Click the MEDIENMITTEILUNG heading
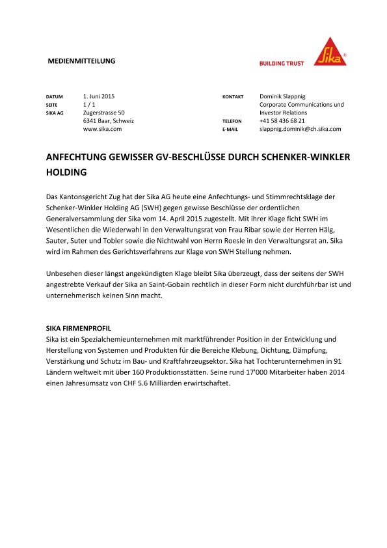coord(81,61)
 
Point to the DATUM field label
coord(54,96)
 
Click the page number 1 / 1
coord(90,104)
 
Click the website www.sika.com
coord(102,129)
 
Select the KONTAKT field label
coord(233,96)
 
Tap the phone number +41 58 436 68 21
coord(282,121)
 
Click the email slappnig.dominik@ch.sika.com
coord(300,129)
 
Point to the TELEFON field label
coord(232,121)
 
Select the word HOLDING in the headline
coord(66,173)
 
